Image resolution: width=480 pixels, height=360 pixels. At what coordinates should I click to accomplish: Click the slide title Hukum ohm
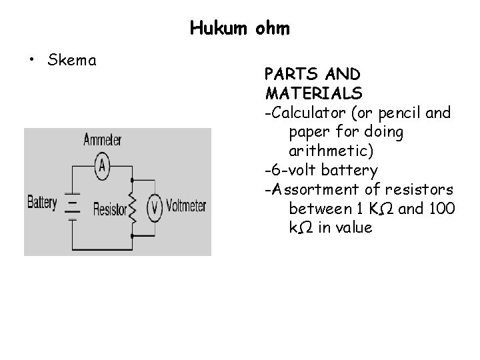[x=239, y=28]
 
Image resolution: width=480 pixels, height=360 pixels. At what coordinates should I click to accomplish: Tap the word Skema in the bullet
[x=73, y=61]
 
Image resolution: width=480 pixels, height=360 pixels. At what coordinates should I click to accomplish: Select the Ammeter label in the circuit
[x=102, y=141]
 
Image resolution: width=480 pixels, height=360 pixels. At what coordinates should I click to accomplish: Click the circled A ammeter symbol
[x=102, y=166]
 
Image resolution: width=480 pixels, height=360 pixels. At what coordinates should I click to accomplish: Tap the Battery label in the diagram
[x=42, y=202]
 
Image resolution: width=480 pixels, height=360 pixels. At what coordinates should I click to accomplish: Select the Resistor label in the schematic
[x=109, y=210]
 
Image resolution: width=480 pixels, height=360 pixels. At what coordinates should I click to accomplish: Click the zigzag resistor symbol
[x=132, y=209]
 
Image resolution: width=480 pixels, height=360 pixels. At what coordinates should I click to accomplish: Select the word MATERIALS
[x=313, y=91]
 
